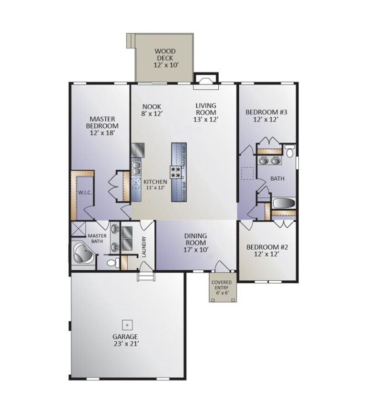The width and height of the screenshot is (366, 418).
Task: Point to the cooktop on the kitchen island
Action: tap(176, 172)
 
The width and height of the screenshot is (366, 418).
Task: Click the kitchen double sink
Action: tap(136, 168)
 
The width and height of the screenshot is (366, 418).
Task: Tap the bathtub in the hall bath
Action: tap(284, 203)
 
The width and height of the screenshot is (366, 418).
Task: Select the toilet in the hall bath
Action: tap(289, 151)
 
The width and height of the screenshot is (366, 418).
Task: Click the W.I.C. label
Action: tap(85, 193)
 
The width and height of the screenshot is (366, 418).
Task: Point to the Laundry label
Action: tap(144, 246)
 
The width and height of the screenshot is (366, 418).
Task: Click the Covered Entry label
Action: tap(222, 285)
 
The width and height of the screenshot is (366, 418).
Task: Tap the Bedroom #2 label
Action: tap(267, 247)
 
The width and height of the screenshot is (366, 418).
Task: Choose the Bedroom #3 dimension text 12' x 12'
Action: tap(266, 119)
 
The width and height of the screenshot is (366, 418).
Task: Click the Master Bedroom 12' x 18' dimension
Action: tap(102, 133)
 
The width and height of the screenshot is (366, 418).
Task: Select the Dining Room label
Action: tap(196, 239)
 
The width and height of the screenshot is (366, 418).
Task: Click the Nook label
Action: tap(152, 107)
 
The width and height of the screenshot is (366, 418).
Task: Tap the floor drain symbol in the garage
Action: tap(127, 325)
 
